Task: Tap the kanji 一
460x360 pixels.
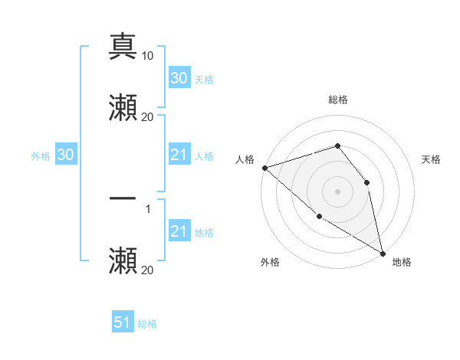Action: tap(123, 198)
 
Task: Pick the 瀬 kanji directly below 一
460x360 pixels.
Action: tap(123, 260)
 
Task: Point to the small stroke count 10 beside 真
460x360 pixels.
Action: tap(148, 56)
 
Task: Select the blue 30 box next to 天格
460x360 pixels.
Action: tap(179, 78)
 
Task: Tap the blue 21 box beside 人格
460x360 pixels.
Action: tap(179, 155)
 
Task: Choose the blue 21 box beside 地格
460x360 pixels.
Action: tap(179, 231)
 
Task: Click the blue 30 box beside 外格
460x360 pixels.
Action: tap(66, 155)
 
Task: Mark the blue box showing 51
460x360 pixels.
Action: tap(123, 322)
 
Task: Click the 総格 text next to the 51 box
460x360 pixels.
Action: tap(147, 324)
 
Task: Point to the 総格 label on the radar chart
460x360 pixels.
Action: tap(337, 100)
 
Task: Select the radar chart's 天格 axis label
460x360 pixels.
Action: tap(431, 159)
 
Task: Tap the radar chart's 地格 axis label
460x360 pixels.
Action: tap(402, 263)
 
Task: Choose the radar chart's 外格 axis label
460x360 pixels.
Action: tap(270, 263)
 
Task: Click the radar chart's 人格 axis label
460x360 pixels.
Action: tap(245, 159)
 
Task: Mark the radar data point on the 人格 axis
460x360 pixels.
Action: tap(264, 168)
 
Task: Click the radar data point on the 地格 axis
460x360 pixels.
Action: tap(382, 252)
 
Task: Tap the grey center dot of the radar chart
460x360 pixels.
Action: tap(337, 191)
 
